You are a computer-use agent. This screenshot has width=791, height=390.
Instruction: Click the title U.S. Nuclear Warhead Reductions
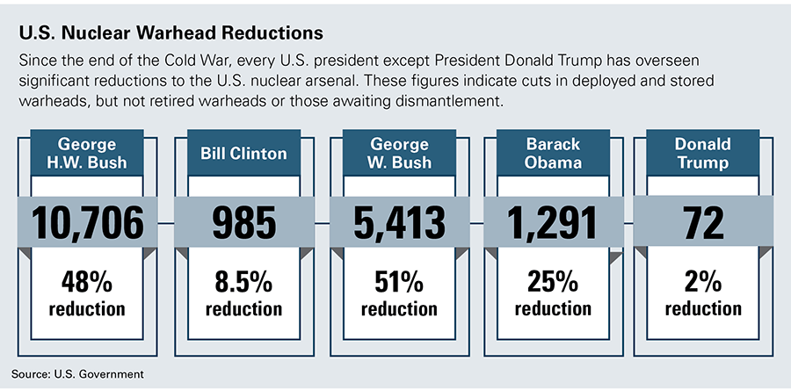(x=171, y=33)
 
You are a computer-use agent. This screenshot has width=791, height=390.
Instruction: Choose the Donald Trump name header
(x=703, y=153)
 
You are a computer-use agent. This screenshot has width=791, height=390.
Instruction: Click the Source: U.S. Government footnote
(x=77, y=374)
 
